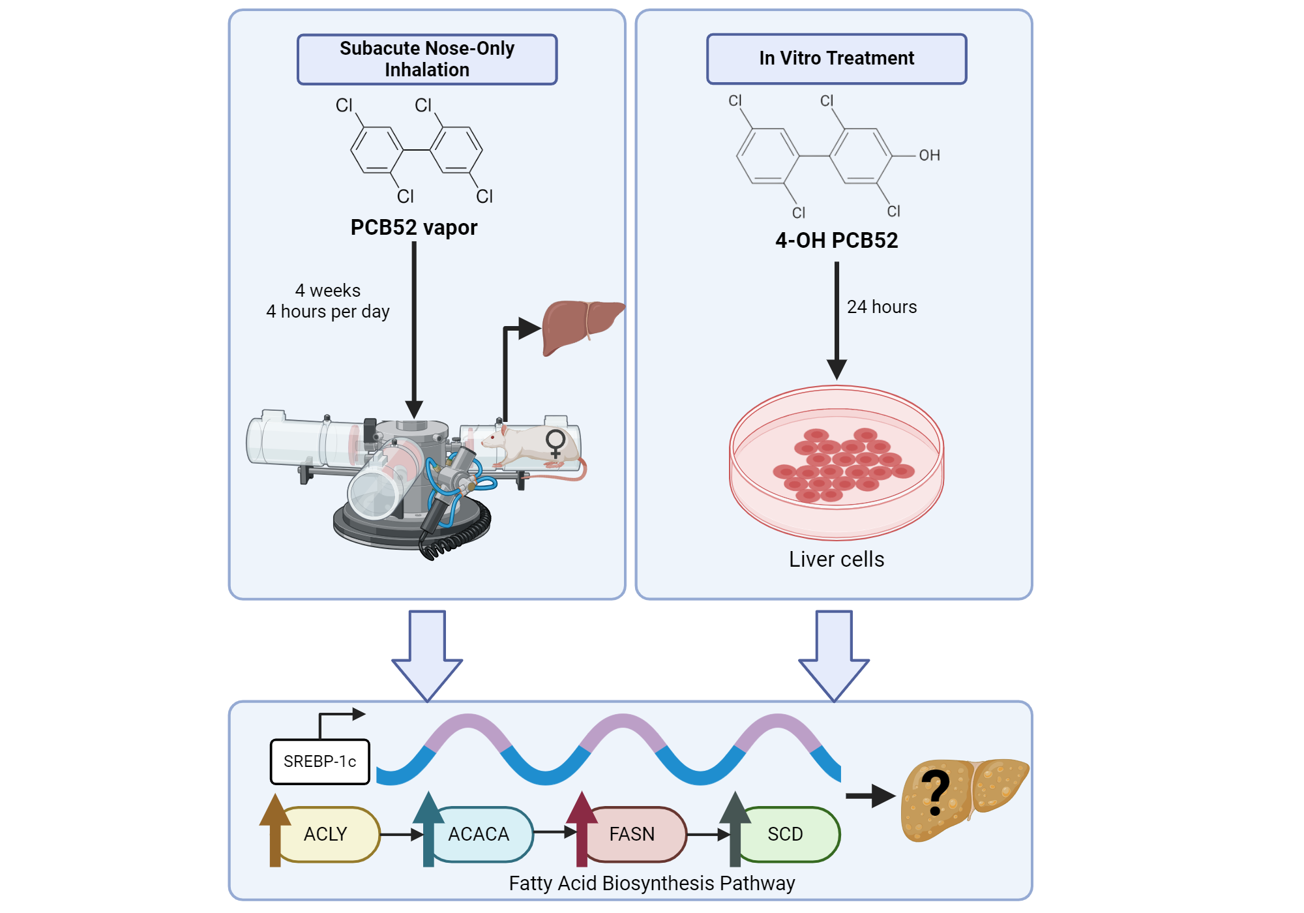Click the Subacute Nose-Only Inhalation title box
coord(427,59)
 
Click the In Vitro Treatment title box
coord(837,59)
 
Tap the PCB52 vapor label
coord(414,228)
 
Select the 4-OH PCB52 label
coord(837,241)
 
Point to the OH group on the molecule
coord(929,155)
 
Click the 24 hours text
coord(882,307)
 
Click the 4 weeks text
coord(327,290)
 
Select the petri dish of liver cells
coord(837,463)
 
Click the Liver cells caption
coord(837,560)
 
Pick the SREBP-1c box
coord(319,762)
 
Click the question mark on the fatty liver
coord(936,792)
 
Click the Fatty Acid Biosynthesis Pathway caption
coord(652,883)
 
